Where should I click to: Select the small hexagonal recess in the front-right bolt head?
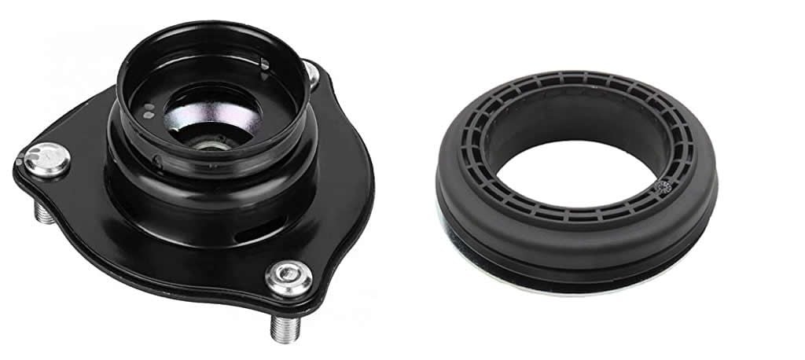[285, 276]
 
